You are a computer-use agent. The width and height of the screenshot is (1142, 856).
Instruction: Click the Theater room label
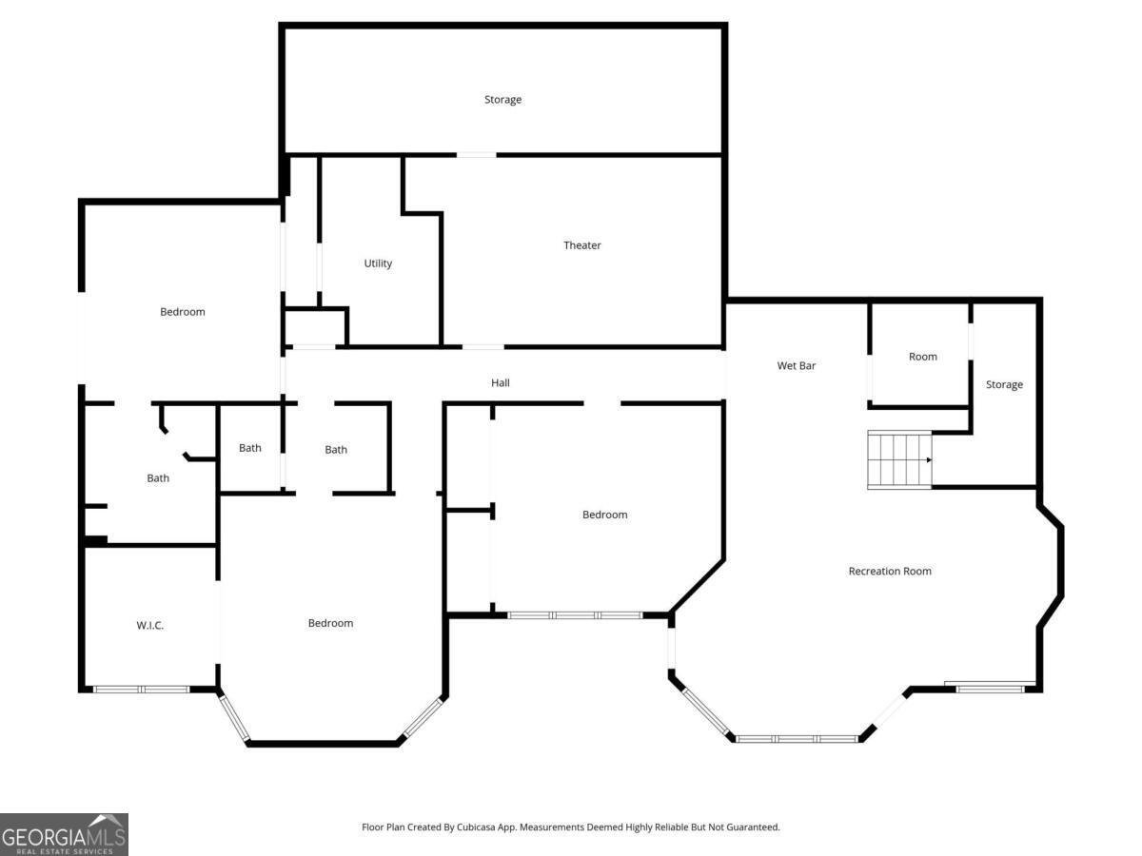pyautogui.click(x=581, y=245)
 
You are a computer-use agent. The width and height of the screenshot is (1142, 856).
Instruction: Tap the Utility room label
pyautogui.click(x=378, y=263)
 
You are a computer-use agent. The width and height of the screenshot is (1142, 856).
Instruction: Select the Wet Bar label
pyautogui.click(x=796, y=365)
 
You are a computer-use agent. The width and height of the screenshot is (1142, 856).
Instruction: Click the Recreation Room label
pyautogui.click(x=889, y=572)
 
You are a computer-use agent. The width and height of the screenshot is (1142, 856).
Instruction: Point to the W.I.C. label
pyautogui.click(x=149, y=625)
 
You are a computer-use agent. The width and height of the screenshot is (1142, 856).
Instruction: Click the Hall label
pyautogui.click(x=501, y=383)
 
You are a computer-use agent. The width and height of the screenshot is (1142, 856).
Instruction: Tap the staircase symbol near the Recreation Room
pyautogui.click(x=898, y=459)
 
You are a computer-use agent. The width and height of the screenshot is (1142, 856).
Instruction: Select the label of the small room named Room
pyautogui.click(x=922, y=357)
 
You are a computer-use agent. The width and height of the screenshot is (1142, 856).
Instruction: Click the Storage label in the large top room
pyautogui.click(x=502, y=100)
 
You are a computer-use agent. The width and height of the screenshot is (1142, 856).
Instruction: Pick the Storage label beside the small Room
pyautogui.click(x=1004, y=385)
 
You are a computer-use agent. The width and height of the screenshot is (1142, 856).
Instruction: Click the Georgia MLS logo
pyautogui.click(x=64, y=834)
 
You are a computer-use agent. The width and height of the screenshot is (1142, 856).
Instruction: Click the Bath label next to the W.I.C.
pyautogui.click(x=158, y=478)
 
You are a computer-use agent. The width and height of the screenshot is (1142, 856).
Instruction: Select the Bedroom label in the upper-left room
pyautogui.click(x=182, y=312)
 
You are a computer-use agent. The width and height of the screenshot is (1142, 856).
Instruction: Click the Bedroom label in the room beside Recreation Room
pyautogui.click(x=604, y=515)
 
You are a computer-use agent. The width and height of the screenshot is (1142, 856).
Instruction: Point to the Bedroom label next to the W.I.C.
pyautogui.click(x=330, y=624)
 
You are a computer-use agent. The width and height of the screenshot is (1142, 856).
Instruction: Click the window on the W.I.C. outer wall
pyautogui.click(x=141, y=689)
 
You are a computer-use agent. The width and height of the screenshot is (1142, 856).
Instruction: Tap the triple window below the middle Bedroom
pyautogui.click(x=575, y=615)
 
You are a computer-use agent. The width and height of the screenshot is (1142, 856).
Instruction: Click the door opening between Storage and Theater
pyautogui.click(x=476, y=154)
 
